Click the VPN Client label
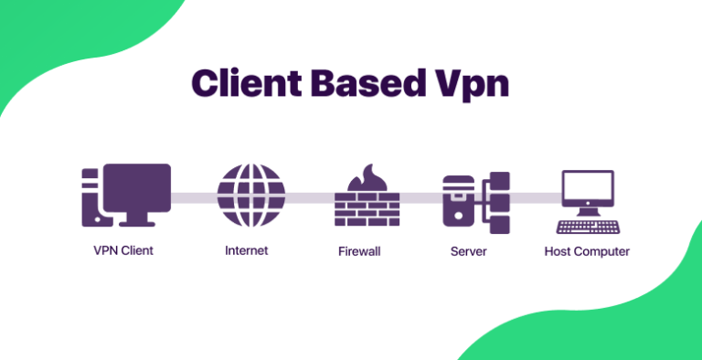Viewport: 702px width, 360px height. pyautogui.click(x=123, y=250)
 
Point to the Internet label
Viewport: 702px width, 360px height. pyautogui.click(x=246, y=250)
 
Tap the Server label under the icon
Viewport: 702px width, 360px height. pyautogui.click(x=470, y=250)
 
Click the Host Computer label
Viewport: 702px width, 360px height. pyautogui.click(x=587, y=250)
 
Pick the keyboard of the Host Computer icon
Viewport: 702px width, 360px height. pyautogui.click(x=587, y=225)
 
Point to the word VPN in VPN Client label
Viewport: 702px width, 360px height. pyautogui.click(x=106, y=250)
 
